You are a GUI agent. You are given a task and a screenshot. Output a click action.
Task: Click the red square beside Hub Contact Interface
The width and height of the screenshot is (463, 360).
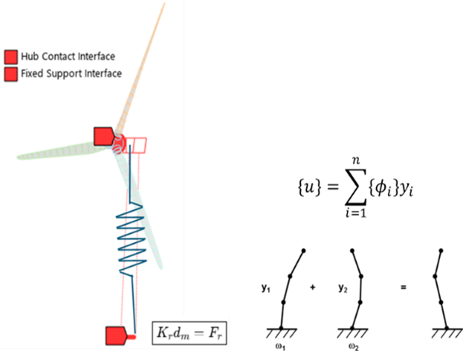coord(11,57)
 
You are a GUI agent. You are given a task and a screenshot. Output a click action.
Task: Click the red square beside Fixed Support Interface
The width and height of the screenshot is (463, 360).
coord(11,74)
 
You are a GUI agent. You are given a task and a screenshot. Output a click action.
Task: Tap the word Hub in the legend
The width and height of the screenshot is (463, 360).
coord(31,57)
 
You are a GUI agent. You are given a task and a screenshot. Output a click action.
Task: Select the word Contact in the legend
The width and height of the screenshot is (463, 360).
coord(58,57)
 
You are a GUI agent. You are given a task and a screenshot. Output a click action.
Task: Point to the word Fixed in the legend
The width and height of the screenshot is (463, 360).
coord(33,74)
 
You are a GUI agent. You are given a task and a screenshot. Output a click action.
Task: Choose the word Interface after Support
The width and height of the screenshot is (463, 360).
coord(103,74)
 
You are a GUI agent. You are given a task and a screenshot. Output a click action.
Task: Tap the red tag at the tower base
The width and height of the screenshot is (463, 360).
coord(116,335)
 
